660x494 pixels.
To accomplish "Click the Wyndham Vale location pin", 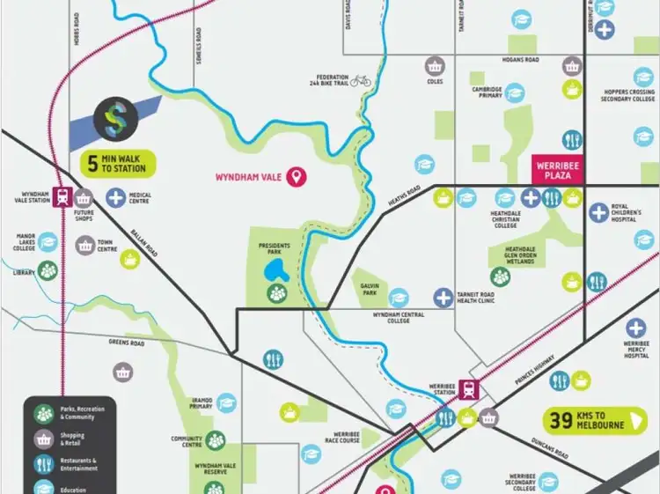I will pyautogui.click(x=299, y=177).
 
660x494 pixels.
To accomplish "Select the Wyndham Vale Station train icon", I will pyautogui.click(x=62, y=197).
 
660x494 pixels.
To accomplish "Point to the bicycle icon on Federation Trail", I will pyautogui.click(x=361, y=80).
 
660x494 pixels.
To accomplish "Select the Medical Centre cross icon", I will pyautogui.click(x=116, y=197).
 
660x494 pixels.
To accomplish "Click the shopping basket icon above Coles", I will pyautogui.click(x=434, y=65).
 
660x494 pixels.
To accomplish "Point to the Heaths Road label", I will pyautogui.click(x=405, y=196).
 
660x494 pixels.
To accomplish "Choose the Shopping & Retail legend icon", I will pyautogui.click(x=44, y=438).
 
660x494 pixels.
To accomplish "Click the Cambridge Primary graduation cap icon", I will pyautogui.click(x=515, y=92).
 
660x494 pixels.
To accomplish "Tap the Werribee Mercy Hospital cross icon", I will pyautogui.click(x=636, y=328).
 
